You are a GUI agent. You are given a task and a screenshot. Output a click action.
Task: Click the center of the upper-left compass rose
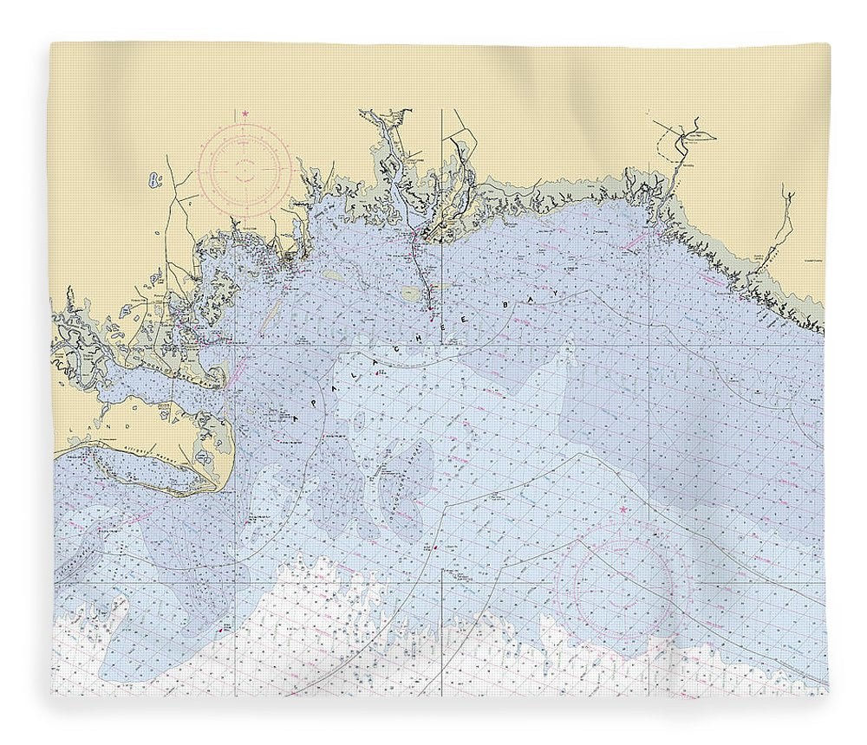pyautogui.click(x=244, y=168)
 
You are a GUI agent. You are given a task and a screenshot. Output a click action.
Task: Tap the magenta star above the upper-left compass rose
pyautogui.click(x=245, y=113)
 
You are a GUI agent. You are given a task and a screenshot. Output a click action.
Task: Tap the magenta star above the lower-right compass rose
pyautogui.click(x=622, y=510)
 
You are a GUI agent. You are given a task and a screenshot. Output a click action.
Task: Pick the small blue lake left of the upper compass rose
pyautogui.click(x=155, y=179)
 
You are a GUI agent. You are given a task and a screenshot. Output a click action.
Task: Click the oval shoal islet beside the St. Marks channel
pyautogui.click(x=410, y=294)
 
